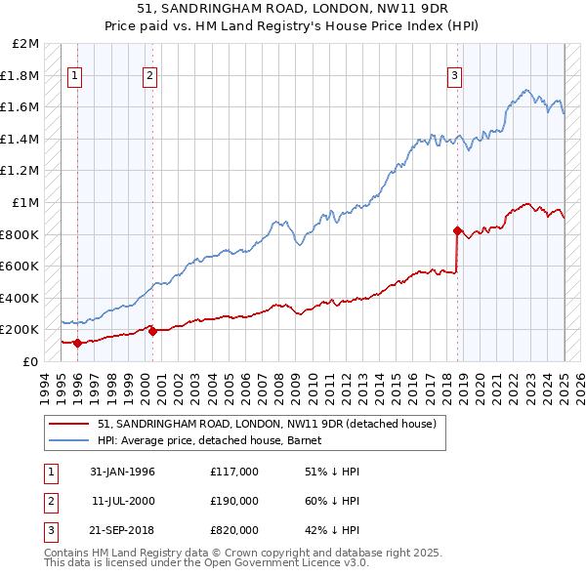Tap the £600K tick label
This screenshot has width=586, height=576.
(21, 266)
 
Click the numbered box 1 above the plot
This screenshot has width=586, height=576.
(75, 76)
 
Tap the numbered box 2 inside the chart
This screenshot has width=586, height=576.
(149, 76)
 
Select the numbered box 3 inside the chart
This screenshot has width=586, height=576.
(455, 76)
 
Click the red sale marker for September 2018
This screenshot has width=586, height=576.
(457, 231)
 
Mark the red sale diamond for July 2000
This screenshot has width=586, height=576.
(152, 331)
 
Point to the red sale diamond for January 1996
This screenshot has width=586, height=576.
(77, 343)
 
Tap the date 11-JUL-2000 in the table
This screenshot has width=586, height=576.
(122, 501)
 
